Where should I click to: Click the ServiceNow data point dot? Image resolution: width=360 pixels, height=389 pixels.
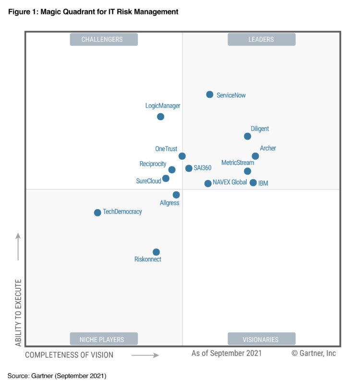pyautogui.click(x=210, y=94)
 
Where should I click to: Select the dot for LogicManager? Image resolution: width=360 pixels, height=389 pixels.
pyautogui.click(x=161, y=117)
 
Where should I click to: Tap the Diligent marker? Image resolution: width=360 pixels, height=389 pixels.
pyautogui.click(x=248, y=136)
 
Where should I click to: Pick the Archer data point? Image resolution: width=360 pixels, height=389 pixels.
pyautogui.click(x=255, y=156)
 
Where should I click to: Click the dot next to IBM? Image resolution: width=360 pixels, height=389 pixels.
pyautogui.click(x=253, y=182)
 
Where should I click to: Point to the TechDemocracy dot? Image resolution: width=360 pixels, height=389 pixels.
pyautogui.click(x=97, y=212)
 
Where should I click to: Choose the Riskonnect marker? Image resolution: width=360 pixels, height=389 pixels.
pyautogui.click(x=156, y=252)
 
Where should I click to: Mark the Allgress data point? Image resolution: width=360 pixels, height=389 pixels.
pyautogui.click(x=176, y=195)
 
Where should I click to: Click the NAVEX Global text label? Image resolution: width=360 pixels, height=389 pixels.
pyautogui.click(x=229, y=182)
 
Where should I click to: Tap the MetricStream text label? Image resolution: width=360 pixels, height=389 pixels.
pyautogui.click(x=238, y=163)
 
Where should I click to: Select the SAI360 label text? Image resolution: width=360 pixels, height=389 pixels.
pyautogui.click(x=203, y=168)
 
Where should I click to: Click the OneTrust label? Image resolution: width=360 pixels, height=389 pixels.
pyautogui.click(x=166, y=149)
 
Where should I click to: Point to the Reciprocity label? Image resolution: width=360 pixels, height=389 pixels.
pyautogui.click(x=153, y=164)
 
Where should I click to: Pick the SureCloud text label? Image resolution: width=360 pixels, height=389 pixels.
pyautogui.click(x=148, y=181)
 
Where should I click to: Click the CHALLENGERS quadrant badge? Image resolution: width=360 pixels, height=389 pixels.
pyautogui.click(x=104, y=39)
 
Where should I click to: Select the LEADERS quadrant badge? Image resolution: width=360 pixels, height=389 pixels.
pyautogui.click(x=261, y=39)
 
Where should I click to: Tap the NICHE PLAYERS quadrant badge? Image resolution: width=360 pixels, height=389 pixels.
pyautogui.click(x=104, y=339)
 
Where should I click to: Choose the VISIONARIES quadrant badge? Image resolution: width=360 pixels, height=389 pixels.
pyautogui.click(x=261, y=339)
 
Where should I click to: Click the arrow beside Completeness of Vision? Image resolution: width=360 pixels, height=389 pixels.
pyautogui.click(x=145, y=355)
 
